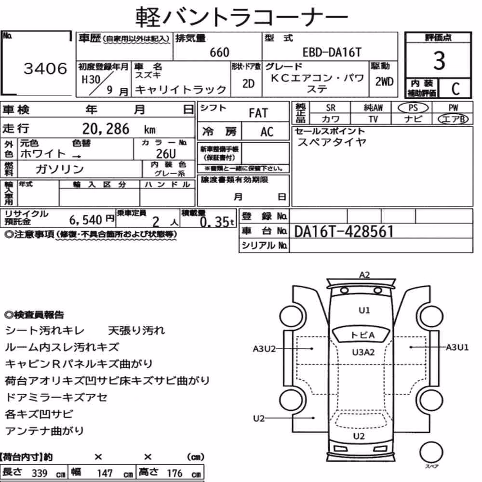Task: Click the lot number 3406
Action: (45, 68)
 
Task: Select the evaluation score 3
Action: (439, 61)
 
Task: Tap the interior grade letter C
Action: (455, 89)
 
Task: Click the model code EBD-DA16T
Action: (332, 53)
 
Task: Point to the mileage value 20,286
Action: (106, 129)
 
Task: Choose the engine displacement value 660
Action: (219, 53)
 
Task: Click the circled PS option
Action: (413, 108)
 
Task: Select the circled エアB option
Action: (453, 119)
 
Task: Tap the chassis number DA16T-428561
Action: (344, 231)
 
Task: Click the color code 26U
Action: (166, 153)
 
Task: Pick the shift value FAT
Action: (258, 113)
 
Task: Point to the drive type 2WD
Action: (384, 82)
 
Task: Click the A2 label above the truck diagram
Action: (364, 275)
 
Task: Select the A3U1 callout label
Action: (457, 348)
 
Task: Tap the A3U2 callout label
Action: (264, 349)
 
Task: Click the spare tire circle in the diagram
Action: (431, 453)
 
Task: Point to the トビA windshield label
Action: (362, 335)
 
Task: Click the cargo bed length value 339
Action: (40, 473)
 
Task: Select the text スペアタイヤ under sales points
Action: (332, 142)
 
